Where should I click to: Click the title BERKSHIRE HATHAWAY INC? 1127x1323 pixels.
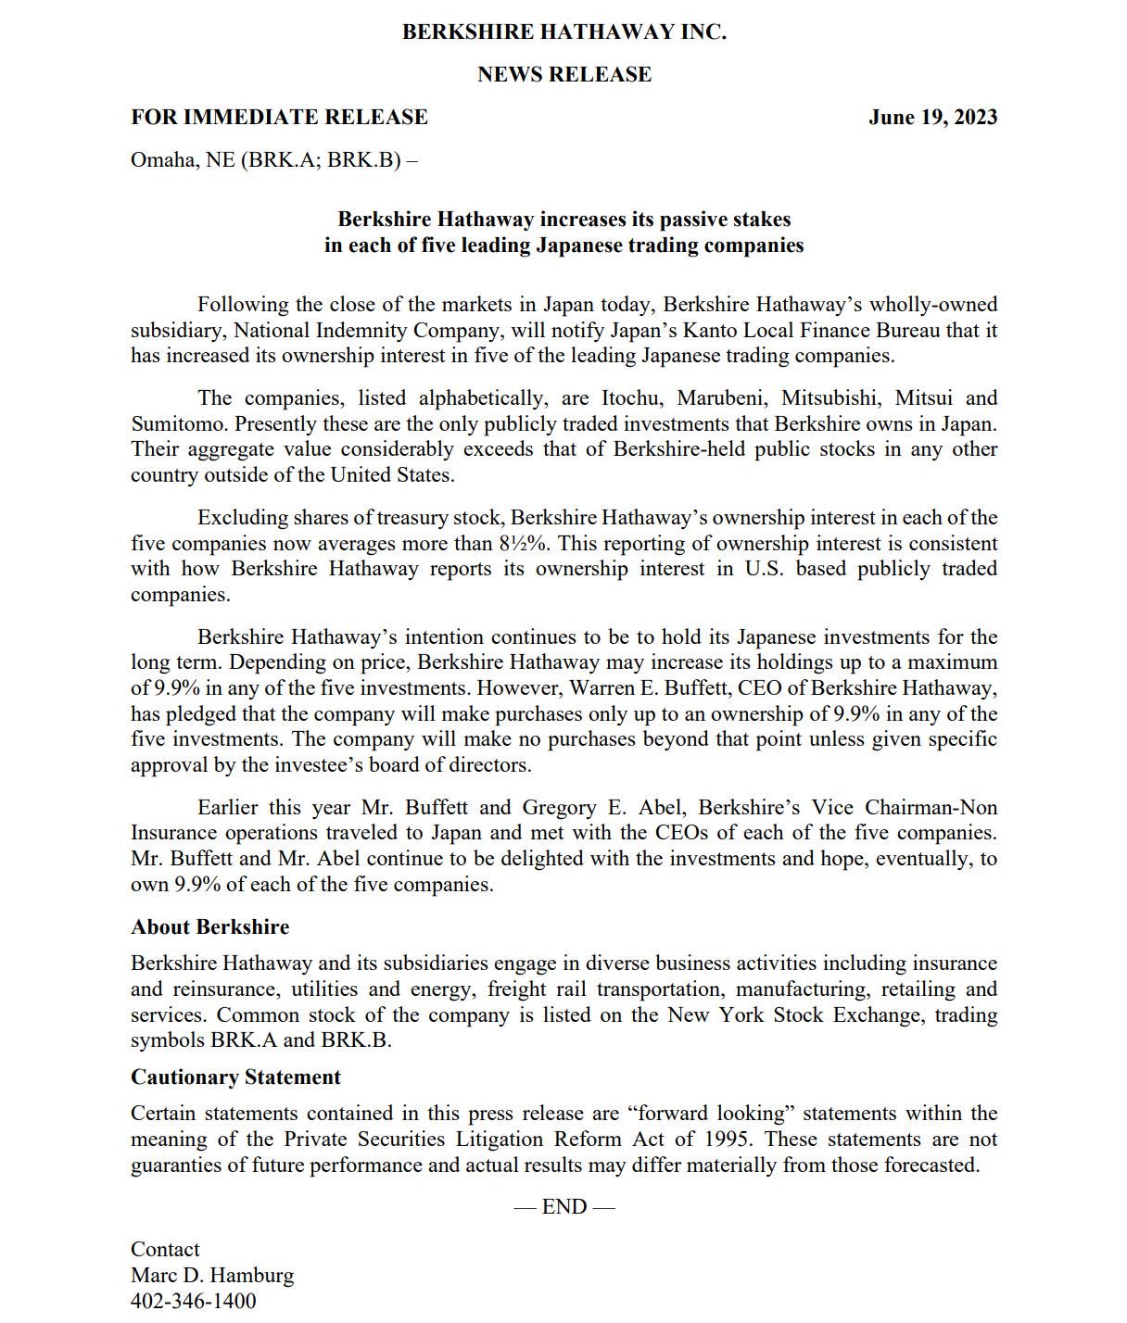click(x=563, y=32)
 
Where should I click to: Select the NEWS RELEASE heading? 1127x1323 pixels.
click(x=563, y=75)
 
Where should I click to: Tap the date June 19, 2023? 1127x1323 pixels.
click(x=932, y=118)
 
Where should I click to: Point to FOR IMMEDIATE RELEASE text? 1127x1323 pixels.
click(x=279, y=118)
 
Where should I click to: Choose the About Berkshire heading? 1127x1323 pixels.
click(x=210, y=927)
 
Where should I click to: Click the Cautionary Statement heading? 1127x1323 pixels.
click(x=235, y=1077)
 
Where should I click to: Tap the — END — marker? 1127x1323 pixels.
click(x=563, y=1207)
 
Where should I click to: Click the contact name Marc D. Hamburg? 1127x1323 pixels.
click(x=212, y=1276)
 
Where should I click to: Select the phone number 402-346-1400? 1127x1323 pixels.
click(x=193, y=1302)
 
